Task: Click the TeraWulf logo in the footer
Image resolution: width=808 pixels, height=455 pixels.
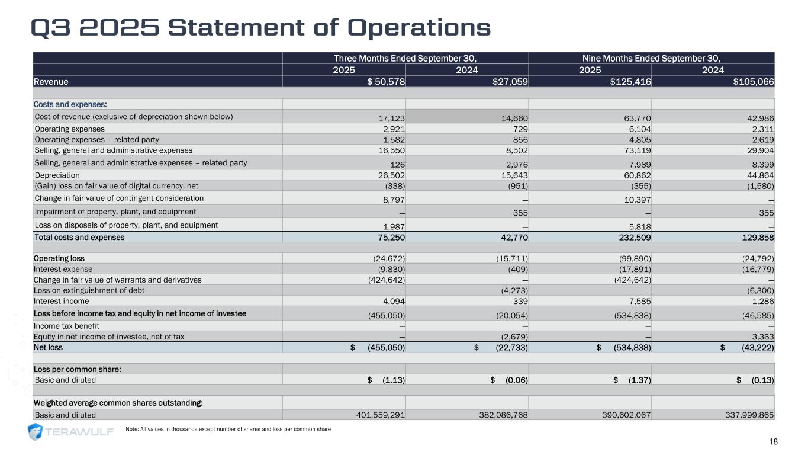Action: pyautogui.click(x=71, y=432)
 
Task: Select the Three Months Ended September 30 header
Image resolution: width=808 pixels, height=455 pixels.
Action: pyautogui.click(x=405, y=58)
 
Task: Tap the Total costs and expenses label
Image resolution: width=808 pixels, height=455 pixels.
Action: pyautogui.click(x=79, y=238)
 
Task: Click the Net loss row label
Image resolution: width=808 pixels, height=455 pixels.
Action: pyautogui.click(x=49, y=347)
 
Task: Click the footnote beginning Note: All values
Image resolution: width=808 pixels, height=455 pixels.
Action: pyautogui.click(x=228, y=429)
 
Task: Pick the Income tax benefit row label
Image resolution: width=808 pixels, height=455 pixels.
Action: pyautogui.click(x=66, y=326)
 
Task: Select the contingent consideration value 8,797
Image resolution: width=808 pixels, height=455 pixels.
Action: pyautogui.click(x=392, y=199)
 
